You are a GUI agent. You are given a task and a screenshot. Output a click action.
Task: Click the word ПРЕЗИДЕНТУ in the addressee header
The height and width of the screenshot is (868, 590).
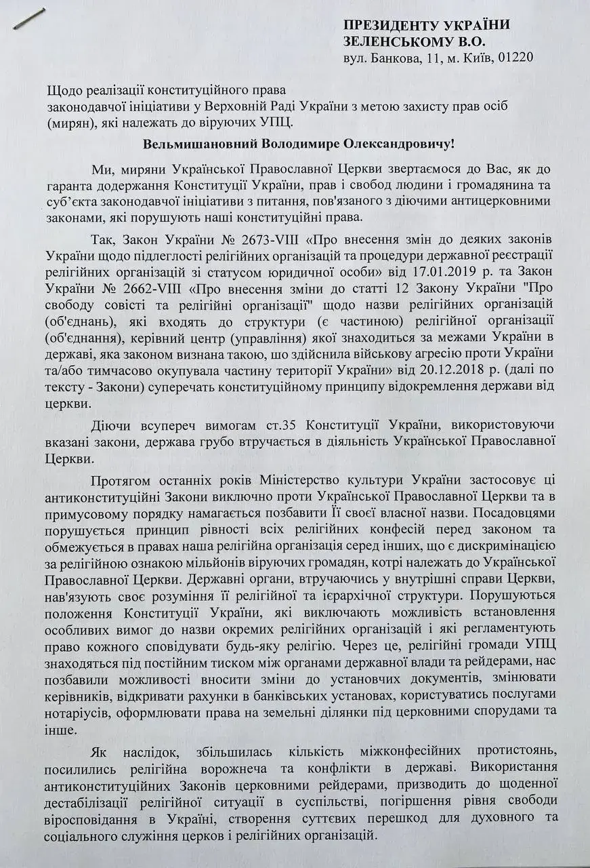pos(387,26)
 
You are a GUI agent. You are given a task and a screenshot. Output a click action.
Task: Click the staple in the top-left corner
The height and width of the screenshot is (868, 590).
pos(29,17)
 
